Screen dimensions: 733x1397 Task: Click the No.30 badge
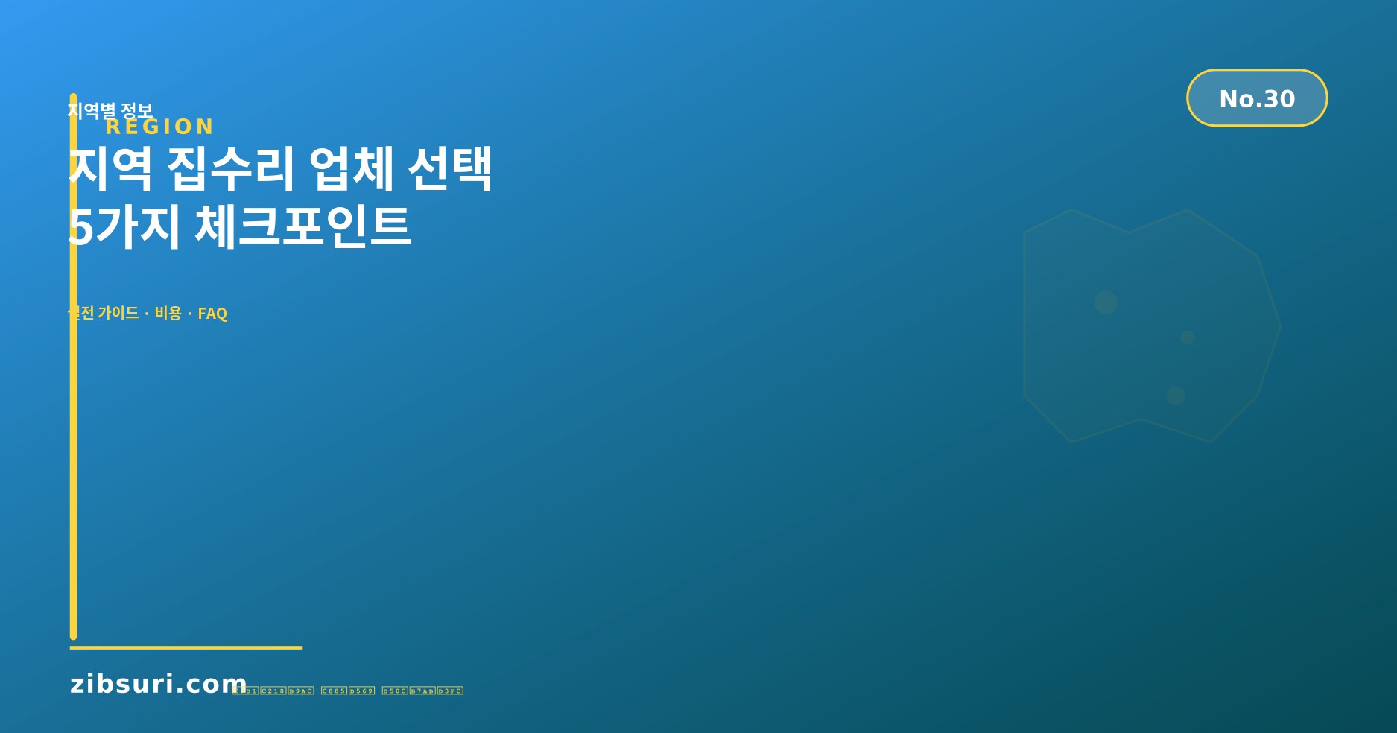(x=1256, y=98)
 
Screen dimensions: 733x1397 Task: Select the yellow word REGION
(x=159, y=127)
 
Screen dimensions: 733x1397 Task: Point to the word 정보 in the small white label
(x=137, y=111)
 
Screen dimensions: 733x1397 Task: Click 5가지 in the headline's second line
(x=124, y=226)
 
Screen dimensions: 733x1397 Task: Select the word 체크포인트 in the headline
(x=302, y=226)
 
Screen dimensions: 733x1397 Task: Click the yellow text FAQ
(x=212, y=314)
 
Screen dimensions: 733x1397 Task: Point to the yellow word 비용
(x=168, y=314)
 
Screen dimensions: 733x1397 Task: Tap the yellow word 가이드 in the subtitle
(x=118, y=314)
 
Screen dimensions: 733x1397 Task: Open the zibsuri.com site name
(x=158, y=684)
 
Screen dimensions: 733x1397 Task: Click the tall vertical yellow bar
(x=73, y=447)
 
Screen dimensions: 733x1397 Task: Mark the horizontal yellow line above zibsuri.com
(x=186, y=648)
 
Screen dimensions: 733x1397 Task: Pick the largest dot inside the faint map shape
(x=1106, y=302)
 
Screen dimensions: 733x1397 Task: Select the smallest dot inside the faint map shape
(x=1187, y=337)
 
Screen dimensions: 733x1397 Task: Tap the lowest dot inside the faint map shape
(x=1176, y=396)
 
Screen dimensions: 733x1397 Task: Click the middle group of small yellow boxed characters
(x=348, y=691)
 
